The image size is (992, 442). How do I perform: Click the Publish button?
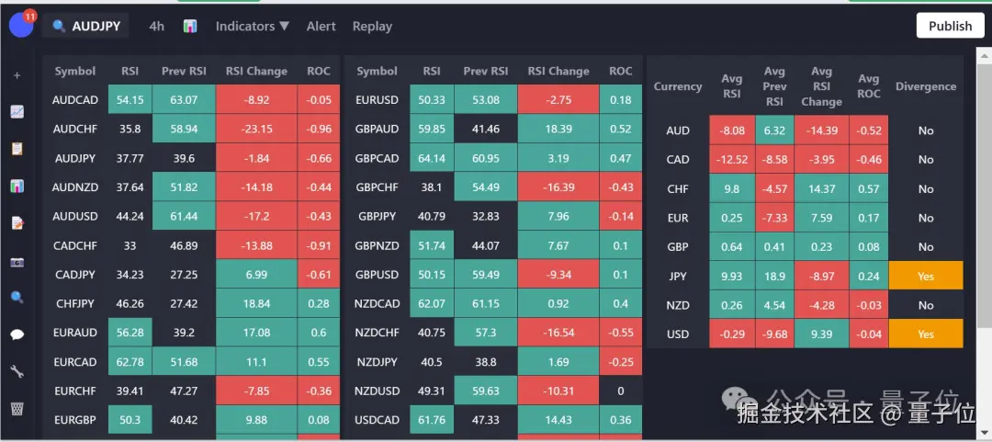pos(950,26)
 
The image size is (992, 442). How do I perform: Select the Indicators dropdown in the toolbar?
pos(252,27)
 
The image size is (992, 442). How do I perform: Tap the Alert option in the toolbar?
pos(321,27)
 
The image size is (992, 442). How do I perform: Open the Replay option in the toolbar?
pos(372,27)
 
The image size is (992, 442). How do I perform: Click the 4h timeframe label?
pos(156,27)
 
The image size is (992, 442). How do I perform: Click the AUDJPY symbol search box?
pos(86,27)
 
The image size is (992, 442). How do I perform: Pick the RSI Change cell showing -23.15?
pos(256,130)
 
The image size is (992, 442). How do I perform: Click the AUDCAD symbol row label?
pos(75,100)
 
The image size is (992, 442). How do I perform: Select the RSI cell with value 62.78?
pos(130,362)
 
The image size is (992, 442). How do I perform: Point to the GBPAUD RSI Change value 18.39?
pos(558,130)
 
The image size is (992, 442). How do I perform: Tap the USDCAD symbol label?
pos(377,420)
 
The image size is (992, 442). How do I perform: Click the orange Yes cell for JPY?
pos(925,276)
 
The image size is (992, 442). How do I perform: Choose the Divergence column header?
pos(925,86)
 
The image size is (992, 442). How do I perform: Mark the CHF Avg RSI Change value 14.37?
pos(821,188)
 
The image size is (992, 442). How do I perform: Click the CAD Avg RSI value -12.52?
pos(731,159)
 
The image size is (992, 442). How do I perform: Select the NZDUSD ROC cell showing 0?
pos(620,391)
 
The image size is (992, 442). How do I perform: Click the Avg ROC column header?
pos(868,86)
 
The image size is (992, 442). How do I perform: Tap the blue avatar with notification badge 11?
pos(21,25)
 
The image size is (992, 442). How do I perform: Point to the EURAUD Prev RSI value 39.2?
pos(184,333)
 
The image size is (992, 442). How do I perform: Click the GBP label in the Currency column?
pos(678,246)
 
